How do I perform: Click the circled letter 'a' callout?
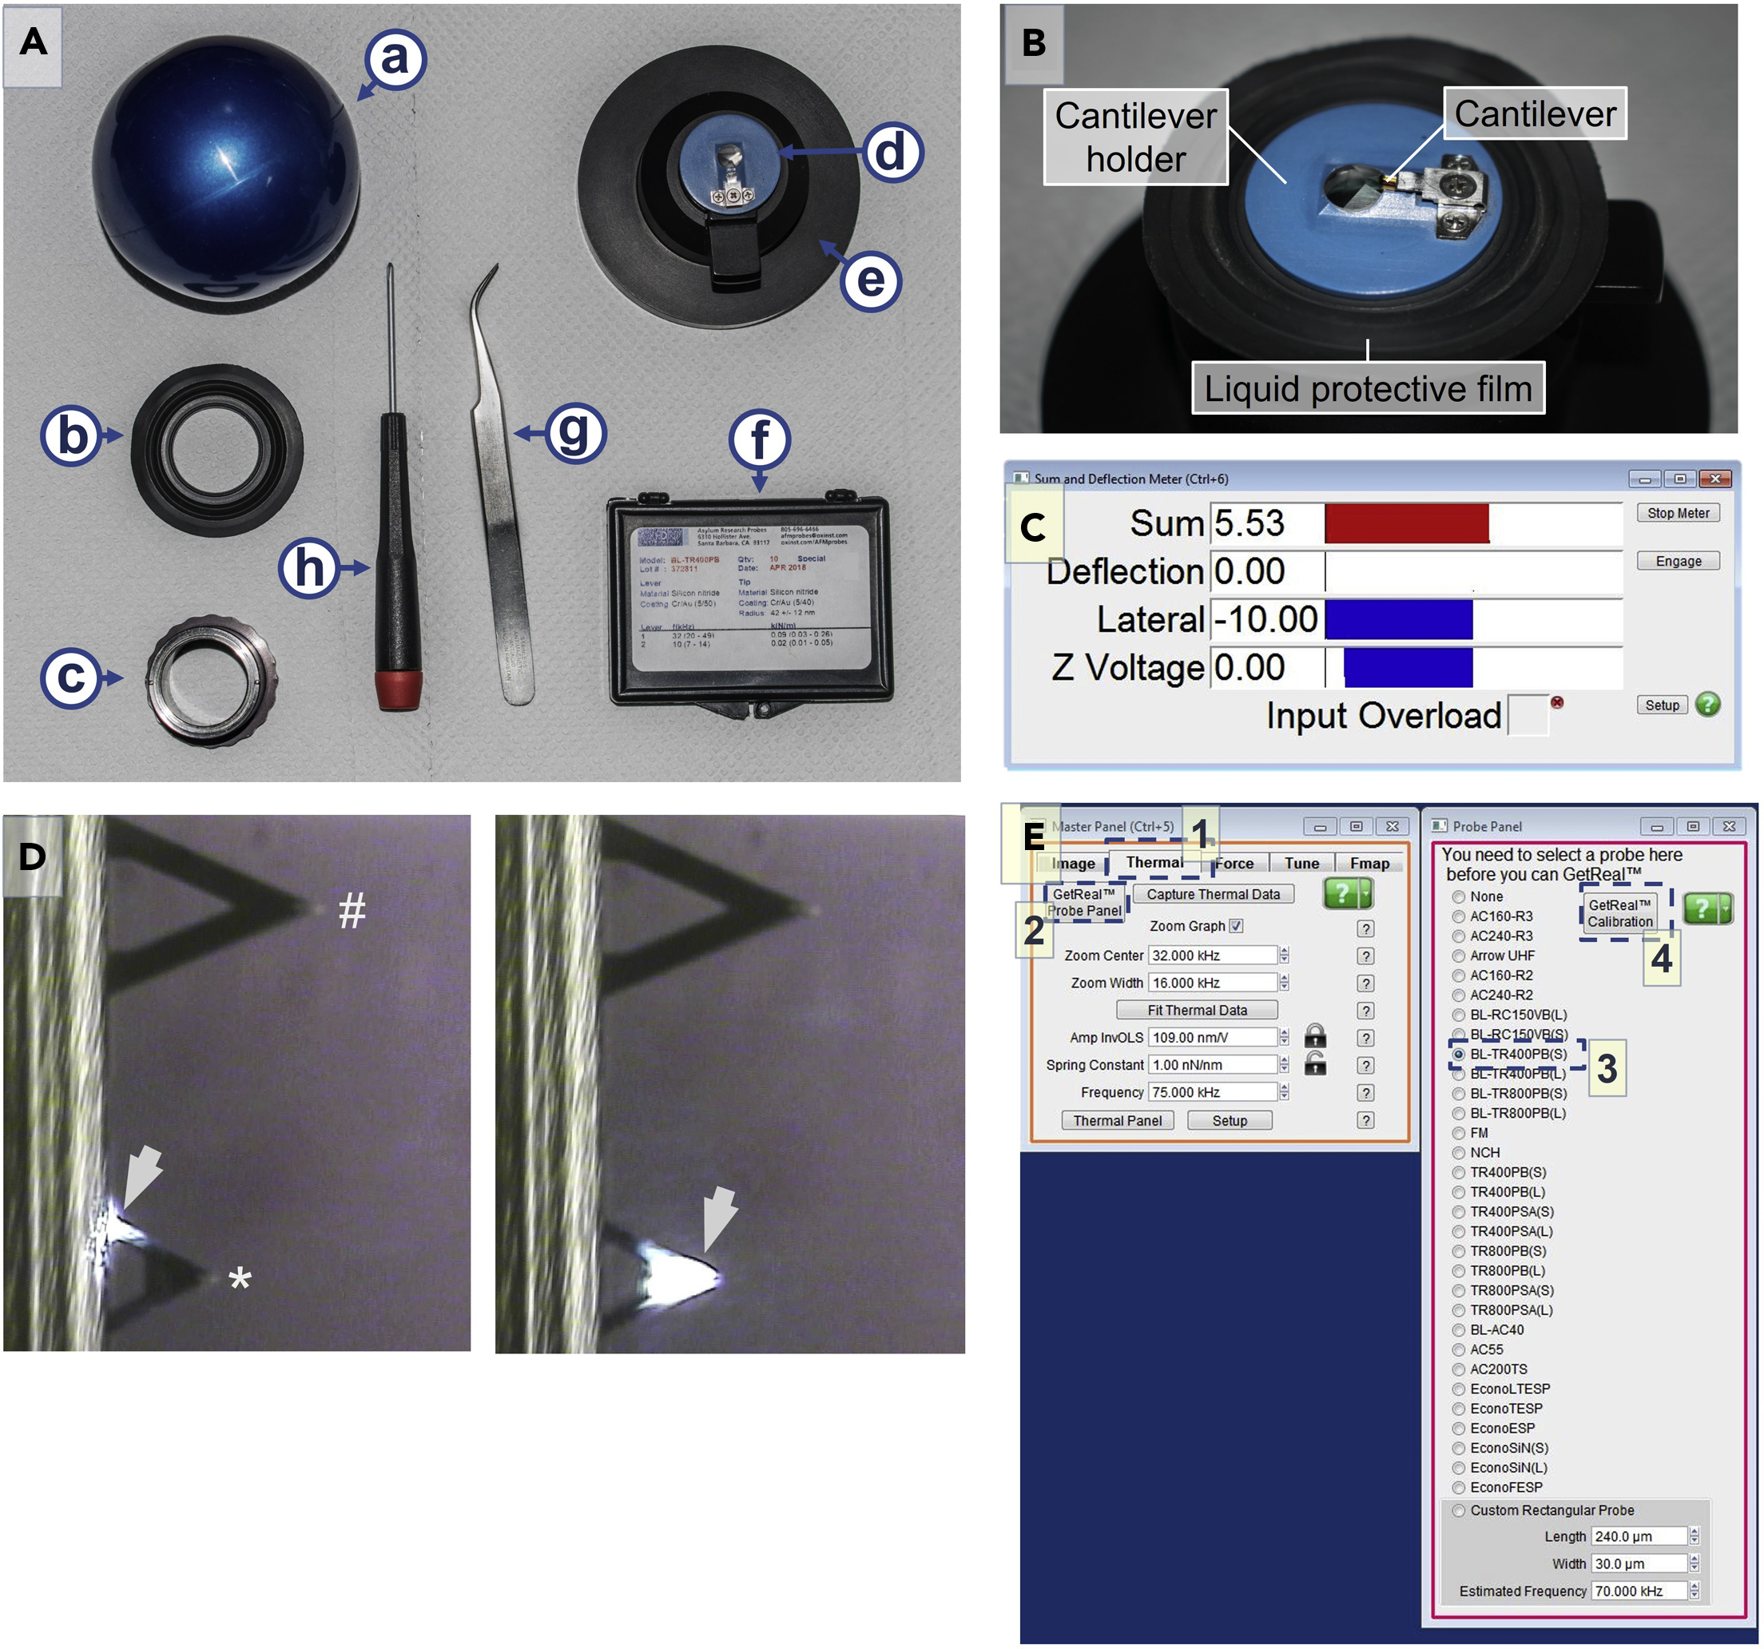pos(395,58)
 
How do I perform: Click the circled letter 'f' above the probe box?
pos(760,439)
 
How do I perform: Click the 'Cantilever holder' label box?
pos(1135,137)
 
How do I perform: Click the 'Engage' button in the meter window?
pos(1677,561)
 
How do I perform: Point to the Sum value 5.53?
pos(1249,523)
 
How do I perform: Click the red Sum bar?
pos(1405,523)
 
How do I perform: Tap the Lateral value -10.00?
pos(1265,618)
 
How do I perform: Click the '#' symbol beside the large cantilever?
pos(352,912)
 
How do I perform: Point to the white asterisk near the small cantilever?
pos(240,1279)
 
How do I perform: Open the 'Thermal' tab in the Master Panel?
pos(1154,862)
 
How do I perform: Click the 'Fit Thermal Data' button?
pos(1196,1010)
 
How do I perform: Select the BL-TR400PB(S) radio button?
pos(1458,1055)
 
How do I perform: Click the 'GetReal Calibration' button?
pos(1619,913)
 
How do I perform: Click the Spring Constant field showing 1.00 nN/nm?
pos(1211,1065)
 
